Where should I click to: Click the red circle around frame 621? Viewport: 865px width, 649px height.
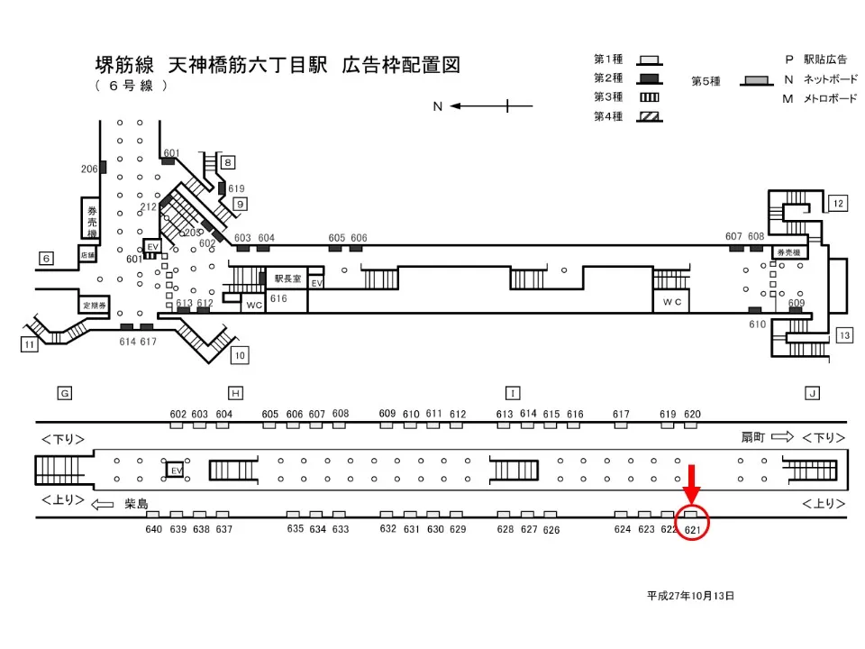(693, 524)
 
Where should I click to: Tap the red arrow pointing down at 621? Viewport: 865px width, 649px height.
(692, 485)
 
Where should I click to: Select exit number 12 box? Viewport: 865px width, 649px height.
(838, 204)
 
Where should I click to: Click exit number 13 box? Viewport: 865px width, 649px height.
(843, 335)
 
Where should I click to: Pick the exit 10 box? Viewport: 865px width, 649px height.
(239, 354)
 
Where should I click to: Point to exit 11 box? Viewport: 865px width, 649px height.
(31, 343)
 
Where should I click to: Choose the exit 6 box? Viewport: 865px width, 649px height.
(46, 259)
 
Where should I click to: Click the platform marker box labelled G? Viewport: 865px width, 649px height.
(64, 393)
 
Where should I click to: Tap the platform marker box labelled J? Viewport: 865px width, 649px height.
(813, 393)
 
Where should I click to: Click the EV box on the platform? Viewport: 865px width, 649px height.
(176, 471)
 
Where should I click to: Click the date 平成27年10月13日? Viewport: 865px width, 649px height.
(690, 596)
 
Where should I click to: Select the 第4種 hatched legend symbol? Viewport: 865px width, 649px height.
(650, 117)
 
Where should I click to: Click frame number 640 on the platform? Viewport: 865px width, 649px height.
(154, 529)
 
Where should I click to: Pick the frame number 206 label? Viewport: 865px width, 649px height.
(89, 169)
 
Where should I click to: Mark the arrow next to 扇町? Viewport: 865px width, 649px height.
(782, 437)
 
